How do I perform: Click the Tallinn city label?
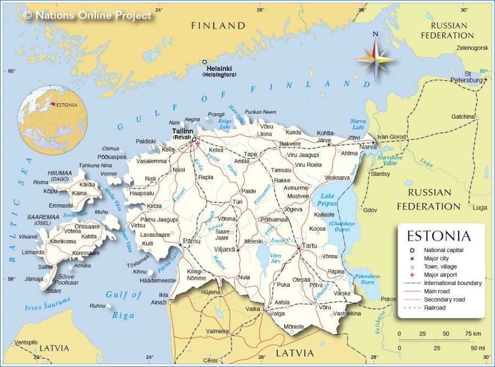coord(183,131)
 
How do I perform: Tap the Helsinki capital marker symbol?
coord(205,62)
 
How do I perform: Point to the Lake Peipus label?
coord(327,199)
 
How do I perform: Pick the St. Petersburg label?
coord(476,77)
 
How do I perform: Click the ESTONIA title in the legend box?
coord(438,236)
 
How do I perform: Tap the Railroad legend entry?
coord(435,308)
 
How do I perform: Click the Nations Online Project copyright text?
coord(88,15)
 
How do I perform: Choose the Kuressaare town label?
coord(86,253)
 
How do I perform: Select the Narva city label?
coord(367,147)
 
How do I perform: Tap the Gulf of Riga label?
coord(124,305)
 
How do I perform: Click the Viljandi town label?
coord(224,249)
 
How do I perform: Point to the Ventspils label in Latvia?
coord(26,342)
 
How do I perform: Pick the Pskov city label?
coord(388,299)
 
